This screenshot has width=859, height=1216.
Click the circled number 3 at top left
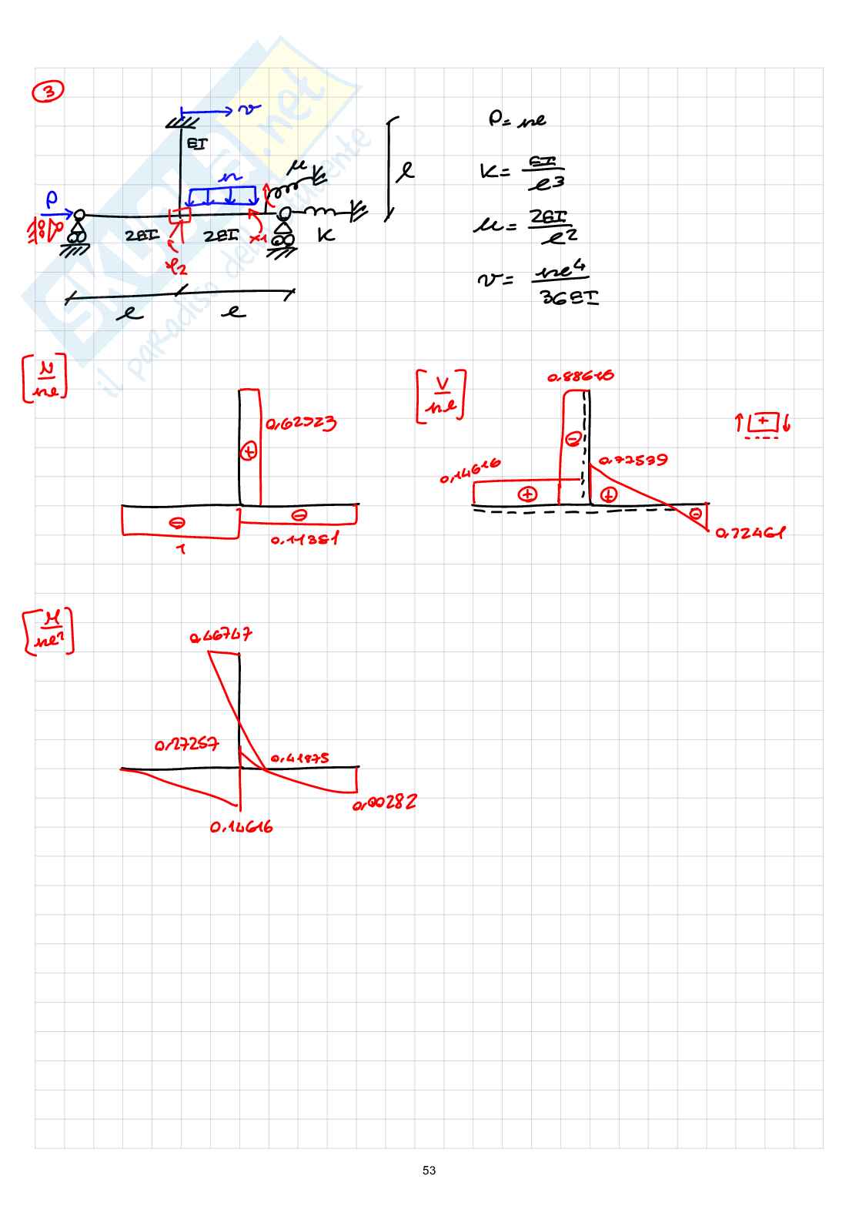[48, 92]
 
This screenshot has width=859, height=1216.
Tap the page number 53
[429, 1170]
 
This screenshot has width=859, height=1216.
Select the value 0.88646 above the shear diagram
[580, 377]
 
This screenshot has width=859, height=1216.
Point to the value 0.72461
[750, 533]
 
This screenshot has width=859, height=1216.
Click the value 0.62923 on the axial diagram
[301, 423]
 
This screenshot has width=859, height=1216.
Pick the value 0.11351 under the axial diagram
[304, 540]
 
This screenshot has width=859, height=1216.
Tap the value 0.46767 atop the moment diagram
[221, 636]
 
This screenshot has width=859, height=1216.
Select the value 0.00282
[385, 803]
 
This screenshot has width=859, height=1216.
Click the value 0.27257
[186, 745]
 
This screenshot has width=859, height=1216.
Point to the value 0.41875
[299, 759]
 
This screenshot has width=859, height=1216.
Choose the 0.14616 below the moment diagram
[241, 828]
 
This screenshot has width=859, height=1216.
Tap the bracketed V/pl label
[441, 396]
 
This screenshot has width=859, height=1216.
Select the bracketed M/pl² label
[48, 631]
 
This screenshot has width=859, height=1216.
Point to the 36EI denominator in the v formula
[570, 296]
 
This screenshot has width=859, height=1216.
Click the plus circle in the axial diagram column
[249, 452]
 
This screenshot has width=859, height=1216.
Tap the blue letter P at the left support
[51, 199]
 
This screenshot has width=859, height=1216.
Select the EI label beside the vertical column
[197, 143]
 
